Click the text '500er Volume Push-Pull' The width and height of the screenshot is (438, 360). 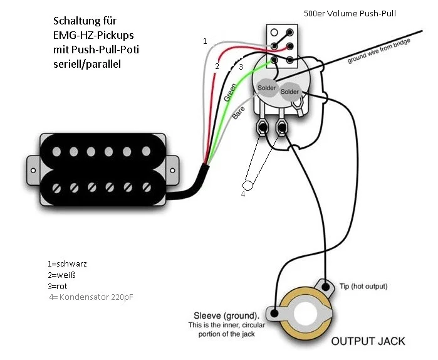pyautogui.click(x=350, y=13)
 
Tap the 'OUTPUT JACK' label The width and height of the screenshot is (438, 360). pyautogui.click(x=367, y=341)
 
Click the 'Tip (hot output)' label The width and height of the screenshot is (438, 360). pyautogui.click(x=363, y=286)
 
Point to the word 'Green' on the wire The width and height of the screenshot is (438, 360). pyautogui.click(x=229, y=92)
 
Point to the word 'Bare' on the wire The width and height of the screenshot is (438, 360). pyautogui.click(x=238, y=114)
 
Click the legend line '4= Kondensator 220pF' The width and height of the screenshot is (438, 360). pyautogui.click(x=90, y=297)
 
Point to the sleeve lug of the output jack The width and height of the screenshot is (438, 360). pyautogui.click(x=274, y=312)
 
